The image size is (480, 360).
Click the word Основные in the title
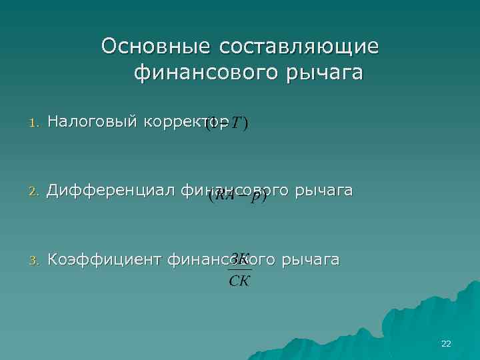point(151,46)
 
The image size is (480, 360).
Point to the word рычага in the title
point(325,72)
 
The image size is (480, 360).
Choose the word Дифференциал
point(112,191)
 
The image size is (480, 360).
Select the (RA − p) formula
point(237,196)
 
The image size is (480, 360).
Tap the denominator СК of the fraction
point(239,281)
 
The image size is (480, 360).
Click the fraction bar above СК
point(239,269)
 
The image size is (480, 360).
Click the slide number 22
point(446,344)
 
